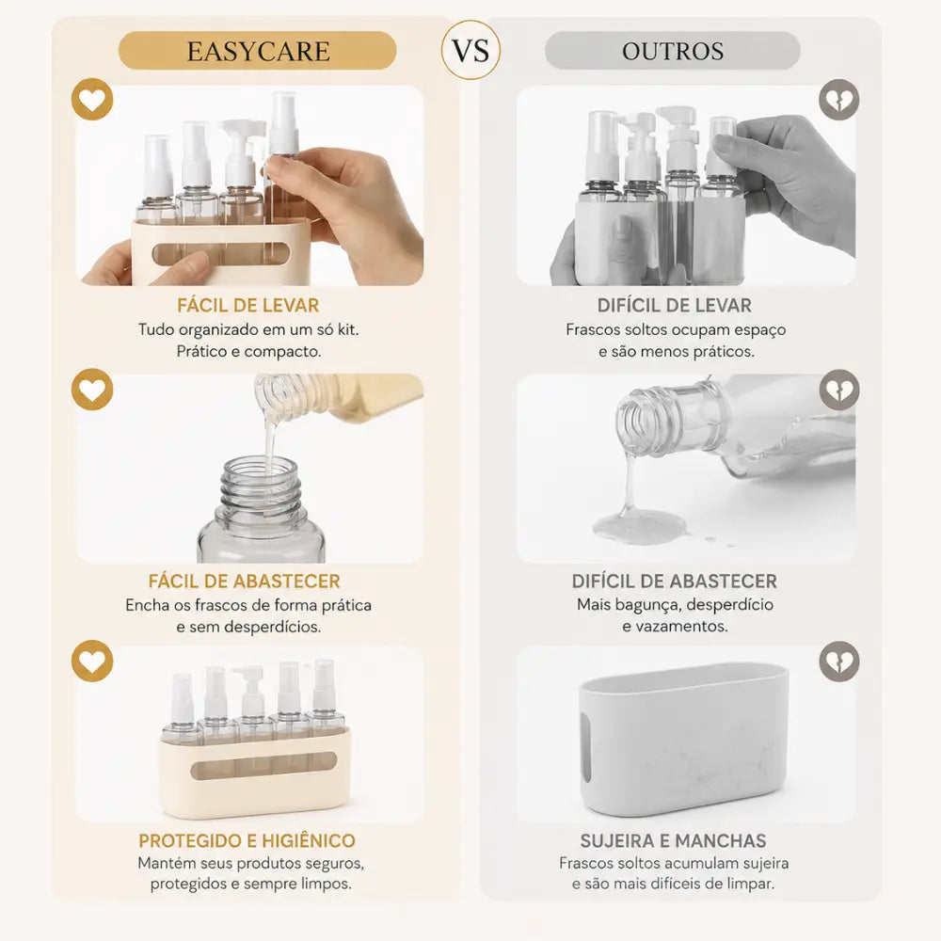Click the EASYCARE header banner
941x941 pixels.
tap(258, 51)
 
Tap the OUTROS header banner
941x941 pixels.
tap(672, 51)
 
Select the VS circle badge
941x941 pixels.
tap(470, 51)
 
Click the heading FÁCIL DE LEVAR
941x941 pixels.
tap(247, 306)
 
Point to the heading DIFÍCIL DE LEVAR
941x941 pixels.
tap(674, 306)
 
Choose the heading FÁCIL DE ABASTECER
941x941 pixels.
tap(245, 581)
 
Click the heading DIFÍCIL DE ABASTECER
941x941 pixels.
tap(674, 581)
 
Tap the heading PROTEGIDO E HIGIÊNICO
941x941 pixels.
tap(247, 840)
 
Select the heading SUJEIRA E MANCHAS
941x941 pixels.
tap(674, 840)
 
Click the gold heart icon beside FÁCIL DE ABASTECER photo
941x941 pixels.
tap(92, 390)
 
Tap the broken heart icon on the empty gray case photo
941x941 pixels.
tap(839, 662)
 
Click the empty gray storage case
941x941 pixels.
tap(684, 738)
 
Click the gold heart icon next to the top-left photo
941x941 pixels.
tap(92, 100)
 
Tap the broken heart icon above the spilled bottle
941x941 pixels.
tap(839, 390)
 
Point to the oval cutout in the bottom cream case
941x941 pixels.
tap(263, 766)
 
